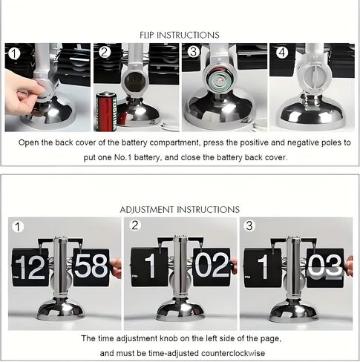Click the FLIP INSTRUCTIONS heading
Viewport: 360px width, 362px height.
click(180, 34)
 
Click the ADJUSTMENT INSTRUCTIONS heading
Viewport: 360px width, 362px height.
click(180, 210)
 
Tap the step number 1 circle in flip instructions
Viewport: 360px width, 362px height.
click(13, 53)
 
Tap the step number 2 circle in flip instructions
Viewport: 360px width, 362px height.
click(105, 53)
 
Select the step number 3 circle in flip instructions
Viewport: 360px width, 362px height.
click(193, 53)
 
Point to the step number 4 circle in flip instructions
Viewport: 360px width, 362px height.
click(281, 53)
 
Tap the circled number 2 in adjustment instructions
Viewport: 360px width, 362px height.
click(134, 225)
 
